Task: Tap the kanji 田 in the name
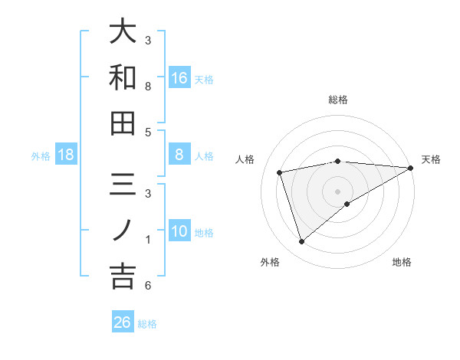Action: tap(123, 123)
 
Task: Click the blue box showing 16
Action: tap(179, 77)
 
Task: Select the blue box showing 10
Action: tap(179, 232)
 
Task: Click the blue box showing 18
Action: tap(66, 155)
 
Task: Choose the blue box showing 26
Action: tap(122, 322)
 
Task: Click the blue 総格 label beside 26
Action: tap(147, 324)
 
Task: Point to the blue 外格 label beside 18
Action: tap(41, 156)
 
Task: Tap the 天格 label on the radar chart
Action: tap(431, 159)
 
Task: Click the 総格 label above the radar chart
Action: tap(338, 100)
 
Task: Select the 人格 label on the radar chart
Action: tap(245, 159)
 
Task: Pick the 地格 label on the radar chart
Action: tap(402, 262)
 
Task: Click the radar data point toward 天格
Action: tap(411, 168)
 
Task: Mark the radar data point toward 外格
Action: tap(301, 242)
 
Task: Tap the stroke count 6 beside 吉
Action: tap(148, 286)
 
